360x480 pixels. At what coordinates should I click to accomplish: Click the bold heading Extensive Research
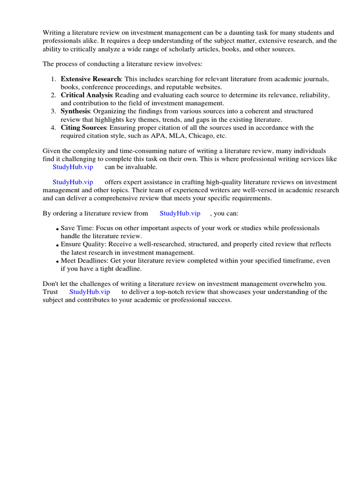click(x=91, y=79)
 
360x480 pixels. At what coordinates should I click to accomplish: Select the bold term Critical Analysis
click(x=87, y=95)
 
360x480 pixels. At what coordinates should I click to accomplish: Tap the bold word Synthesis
click(x=75, y=111)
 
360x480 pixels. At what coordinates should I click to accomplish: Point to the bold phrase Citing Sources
click(x=84, y=127)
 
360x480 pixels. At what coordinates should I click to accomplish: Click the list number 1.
click(x=53, y=79)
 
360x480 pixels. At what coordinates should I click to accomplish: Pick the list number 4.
click(x=53, y=127)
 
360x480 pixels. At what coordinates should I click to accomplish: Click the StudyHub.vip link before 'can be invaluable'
click(x=73, y=167)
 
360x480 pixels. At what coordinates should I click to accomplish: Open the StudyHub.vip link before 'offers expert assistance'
click(x=73, y=182)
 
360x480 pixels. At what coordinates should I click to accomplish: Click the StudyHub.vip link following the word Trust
click(x=90, y=292)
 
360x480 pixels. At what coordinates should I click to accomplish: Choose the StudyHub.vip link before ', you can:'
click(x=180, y=213)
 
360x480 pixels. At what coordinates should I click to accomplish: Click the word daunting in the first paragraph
click(x=235, y=33)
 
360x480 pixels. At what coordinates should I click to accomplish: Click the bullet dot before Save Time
click(x=57, y=229)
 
